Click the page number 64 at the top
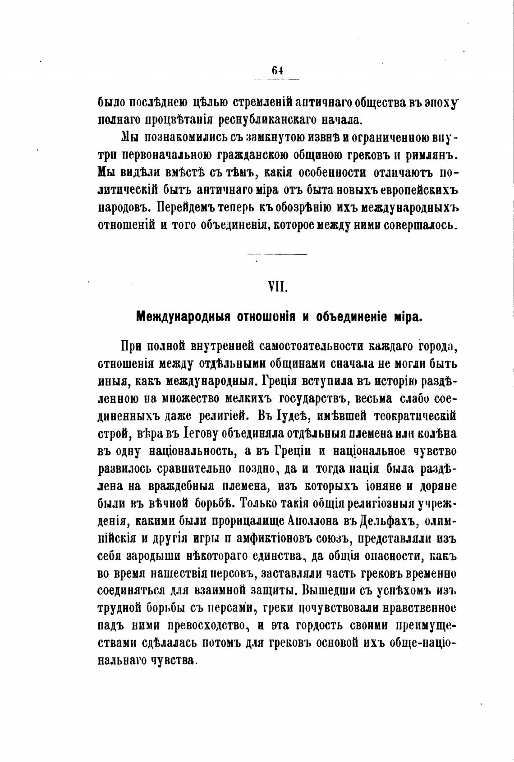tap(277, 70)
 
